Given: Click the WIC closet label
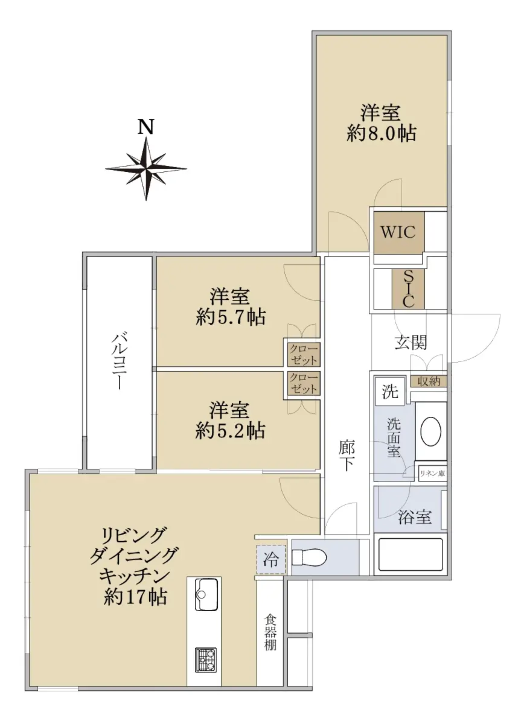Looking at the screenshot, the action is point(398,232).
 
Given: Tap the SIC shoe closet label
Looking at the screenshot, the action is point(409,289).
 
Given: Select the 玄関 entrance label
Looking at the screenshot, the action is point(411,343).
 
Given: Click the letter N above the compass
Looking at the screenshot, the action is point(146,127).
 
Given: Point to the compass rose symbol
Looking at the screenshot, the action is point(146,169).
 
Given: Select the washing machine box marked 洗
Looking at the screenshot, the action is point(390,392).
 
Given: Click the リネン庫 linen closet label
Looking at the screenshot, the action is point(432,474).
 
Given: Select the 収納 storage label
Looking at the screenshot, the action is point(429,381).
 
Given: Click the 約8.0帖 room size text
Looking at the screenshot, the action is point(381,133).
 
